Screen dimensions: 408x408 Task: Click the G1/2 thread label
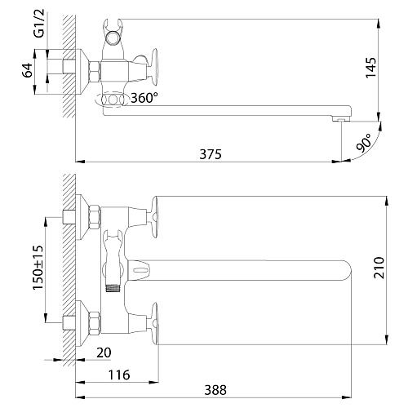pos(38,24)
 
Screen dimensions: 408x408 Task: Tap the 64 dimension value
pos(27,70)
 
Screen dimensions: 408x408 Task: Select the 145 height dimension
pos(370,68)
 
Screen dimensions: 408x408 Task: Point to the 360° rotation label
pos(144,98)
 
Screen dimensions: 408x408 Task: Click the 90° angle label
pos(364,143)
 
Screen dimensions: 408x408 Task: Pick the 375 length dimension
pos(211,154)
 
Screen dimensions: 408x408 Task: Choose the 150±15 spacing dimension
pos(38,268)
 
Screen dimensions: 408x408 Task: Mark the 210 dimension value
pos(379,268)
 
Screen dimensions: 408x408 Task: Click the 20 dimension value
pos(104,353)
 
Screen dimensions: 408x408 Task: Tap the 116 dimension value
pos(119,375)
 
